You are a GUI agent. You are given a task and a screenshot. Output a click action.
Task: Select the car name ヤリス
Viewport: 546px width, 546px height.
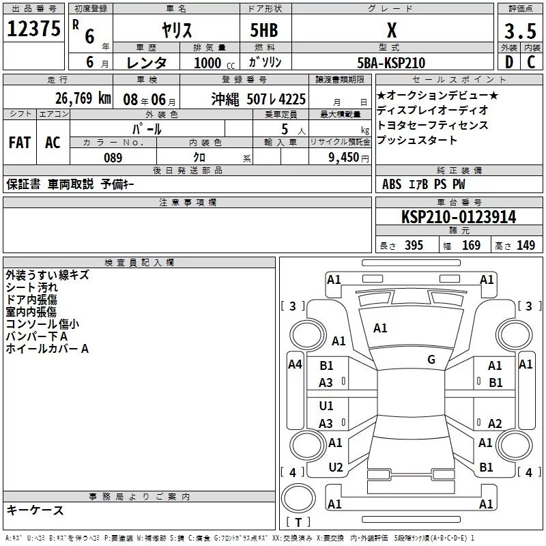[176, 30]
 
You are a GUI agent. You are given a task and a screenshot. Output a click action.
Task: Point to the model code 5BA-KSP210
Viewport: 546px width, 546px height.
[392, 63]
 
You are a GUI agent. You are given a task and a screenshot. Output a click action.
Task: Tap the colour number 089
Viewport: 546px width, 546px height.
[113, 158]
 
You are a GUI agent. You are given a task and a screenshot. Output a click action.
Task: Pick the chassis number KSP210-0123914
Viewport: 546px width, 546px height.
[458, 217]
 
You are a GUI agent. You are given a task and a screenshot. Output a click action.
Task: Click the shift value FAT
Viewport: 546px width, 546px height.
[19, 142]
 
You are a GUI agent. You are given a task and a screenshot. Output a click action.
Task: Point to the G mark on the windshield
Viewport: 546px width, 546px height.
[431, 360]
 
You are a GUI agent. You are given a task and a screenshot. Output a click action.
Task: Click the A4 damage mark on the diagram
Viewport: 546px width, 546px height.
[295, 364]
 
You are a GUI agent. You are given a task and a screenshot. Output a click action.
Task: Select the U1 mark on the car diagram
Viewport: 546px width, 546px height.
[327, 406]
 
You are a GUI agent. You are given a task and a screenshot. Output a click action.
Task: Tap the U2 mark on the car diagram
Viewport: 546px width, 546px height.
[335, 467]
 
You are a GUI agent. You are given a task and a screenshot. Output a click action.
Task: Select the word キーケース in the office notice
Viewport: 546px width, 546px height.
[35, 511]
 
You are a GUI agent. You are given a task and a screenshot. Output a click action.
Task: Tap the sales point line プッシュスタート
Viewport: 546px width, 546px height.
[417, 141]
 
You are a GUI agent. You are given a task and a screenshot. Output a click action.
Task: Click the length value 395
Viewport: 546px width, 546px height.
[414, 246]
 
